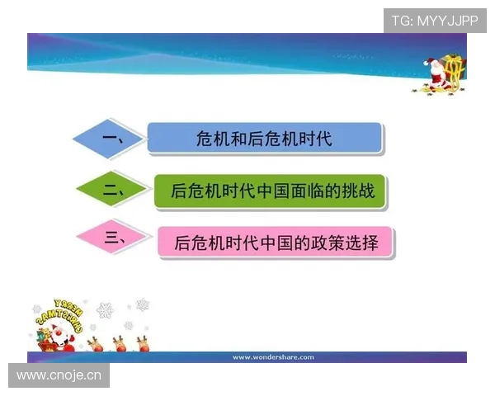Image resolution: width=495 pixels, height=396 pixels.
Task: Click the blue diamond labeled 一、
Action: (111, 139)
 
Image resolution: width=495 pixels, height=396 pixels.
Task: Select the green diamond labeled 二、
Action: (114, 191)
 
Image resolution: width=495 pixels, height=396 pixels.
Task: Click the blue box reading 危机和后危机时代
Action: (264, 139)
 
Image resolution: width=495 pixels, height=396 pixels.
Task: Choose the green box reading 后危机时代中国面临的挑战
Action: (271, 191)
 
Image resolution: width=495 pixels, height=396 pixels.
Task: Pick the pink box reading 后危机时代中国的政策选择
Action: (276, 243)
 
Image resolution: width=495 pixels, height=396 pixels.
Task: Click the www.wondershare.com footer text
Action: (273, 357)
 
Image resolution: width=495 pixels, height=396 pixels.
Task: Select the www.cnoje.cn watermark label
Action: (59, 376)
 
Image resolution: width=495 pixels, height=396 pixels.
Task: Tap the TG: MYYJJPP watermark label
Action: (435, 21)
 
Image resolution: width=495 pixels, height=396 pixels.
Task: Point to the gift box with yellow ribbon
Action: (455, 70)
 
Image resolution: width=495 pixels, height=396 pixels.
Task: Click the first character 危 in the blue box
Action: (205, 139)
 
